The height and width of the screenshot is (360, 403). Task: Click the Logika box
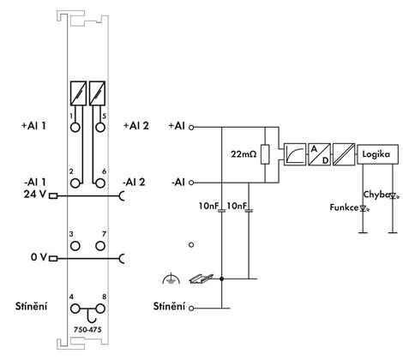[377, 154]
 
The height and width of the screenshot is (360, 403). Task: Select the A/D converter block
[319, 154]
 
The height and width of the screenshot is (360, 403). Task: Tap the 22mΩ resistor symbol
[265, 154]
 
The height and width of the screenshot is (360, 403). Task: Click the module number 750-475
[87, 329]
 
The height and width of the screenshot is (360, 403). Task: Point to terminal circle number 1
[75, 127]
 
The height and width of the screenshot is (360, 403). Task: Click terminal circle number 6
[100, 183]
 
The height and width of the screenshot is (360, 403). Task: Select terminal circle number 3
[75, 246]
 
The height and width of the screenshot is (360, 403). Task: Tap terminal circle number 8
[100, 309]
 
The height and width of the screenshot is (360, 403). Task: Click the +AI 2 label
[136, 126]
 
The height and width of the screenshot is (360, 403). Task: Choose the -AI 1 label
[35, 182]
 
